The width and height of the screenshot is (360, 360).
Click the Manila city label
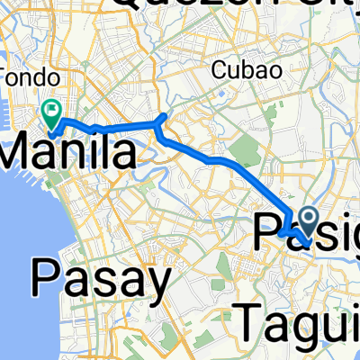tap(70, 151)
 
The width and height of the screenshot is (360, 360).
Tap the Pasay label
tap(101, 279)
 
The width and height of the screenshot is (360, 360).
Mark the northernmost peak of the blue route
tap(162, 115)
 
